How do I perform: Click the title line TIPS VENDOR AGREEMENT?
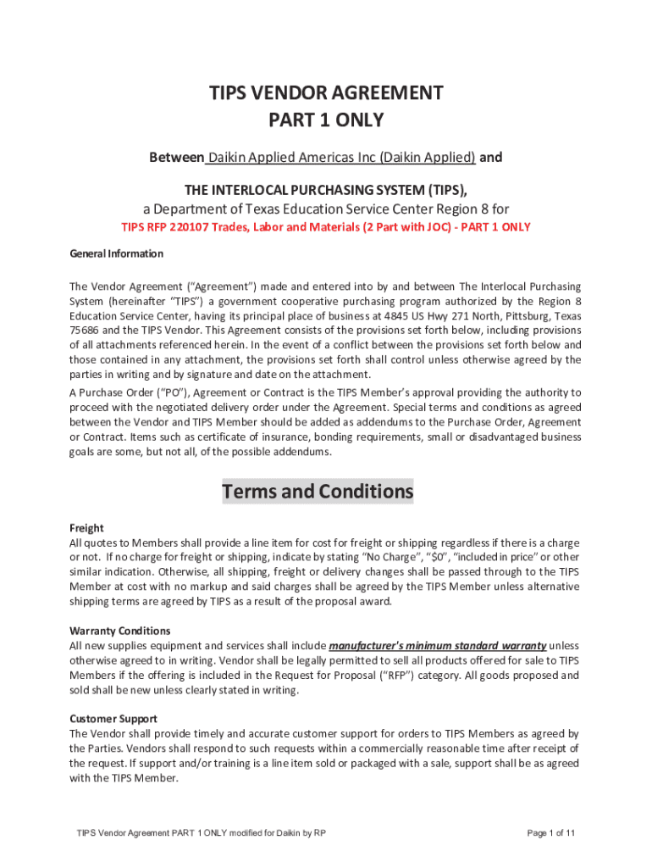coord(326,92)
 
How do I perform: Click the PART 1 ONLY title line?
coord(326,120)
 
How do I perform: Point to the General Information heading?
coord(116,253)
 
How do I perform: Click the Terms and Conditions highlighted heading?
coord(318,492)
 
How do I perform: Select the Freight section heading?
coord(86,527)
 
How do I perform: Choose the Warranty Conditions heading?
coord(119,631)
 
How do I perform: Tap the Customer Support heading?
coord(113,719)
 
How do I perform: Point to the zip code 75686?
coord(85,331)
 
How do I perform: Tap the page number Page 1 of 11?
coord(550,833)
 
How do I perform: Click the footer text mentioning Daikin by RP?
coord(201,833)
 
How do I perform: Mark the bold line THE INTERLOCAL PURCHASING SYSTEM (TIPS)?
coord(326,188)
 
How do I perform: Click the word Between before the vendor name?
coord(176,158)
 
